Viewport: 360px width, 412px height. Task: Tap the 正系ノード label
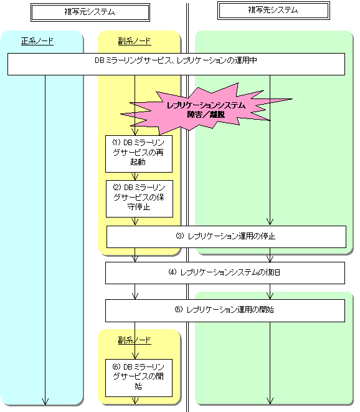[x=37, y=41]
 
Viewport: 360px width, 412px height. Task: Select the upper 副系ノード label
[x=135, y=41]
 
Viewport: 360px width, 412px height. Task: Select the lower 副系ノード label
[x=135, y=340]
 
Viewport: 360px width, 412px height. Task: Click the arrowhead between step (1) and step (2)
[x=135, y=177]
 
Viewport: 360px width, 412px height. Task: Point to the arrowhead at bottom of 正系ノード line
[x=45, y=401]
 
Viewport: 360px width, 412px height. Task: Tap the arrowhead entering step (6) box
[x=135, y=356]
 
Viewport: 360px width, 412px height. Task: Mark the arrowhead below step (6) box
[x=135, y=401]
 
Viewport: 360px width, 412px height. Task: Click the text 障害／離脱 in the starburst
[x=206, y=115]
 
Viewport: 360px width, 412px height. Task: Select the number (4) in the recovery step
[x=173, y=272]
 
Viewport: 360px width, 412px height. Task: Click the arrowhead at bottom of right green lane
[x=270, y=401]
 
